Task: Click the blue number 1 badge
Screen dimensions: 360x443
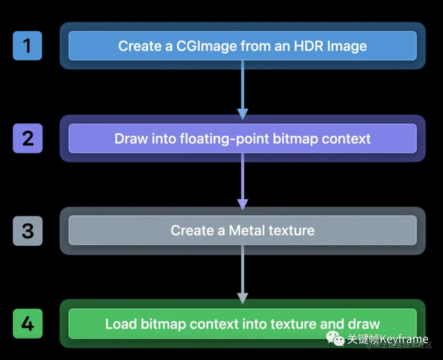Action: [27, 46]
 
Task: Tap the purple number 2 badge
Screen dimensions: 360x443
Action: [27, 138]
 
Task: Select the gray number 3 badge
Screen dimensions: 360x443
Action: [27, 231]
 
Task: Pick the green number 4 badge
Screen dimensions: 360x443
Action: [27, 324]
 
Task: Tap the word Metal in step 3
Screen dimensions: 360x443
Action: [248, 230]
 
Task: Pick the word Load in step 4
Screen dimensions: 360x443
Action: [121, 324]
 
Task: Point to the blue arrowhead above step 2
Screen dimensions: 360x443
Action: [243, 114]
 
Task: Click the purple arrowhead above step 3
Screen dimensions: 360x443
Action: [243, 204]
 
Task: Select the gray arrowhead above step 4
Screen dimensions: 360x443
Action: [243, 298]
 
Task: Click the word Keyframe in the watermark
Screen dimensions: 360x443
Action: [404, 339]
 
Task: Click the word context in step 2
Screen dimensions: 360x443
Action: [346, 139]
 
